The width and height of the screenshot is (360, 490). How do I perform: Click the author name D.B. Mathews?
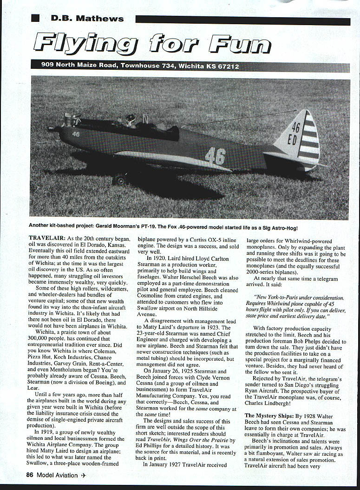point(87,19)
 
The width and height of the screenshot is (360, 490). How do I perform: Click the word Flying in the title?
point(85,45)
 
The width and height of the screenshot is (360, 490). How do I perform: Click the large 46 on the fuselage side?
point(216,156)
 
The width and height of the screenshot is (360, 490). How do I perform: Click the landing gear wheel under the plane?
point(120,179)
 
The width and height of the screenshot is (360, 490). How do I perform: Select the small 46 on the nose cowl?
point(76,134)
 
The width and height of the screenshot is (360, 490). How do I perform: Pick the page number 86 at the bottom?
point(30,475)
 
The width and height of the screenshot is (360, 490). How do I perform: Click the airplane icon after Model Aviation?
point(84,475)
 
